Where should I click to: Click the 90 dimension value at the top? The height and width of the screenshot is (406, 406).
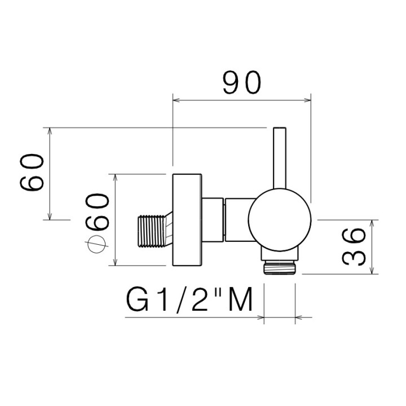[x=241, y=83]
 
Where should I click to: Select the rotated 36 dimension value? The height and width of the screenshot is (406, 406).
[x=354, y=246]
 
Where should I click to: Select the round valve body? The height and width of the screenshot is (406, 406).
[x=279, y=217]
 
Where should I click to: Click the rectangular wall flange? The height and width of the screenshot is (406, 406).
[x=187, y=219]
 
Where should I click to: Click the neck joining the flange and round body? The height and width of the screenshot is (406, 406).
[x=226, y=220]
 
